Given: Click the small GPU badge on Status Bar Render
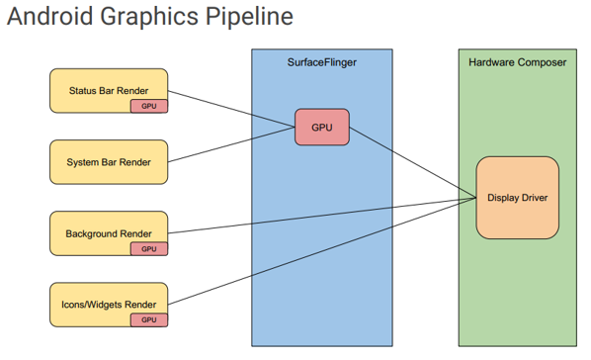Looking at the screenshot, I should pos(148,106).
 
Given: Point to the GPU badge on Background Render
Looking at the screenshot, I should pos(148,248).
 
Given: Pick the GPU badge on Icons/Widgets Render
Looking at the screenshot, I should pos(148,319).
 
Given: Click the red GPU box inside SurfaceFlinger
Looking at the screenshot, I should pos(322,128).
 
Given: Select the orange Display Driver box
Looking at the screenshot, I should pos(517,198).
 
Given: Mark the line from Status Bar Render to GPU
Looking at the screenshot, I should pos(232,108).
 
